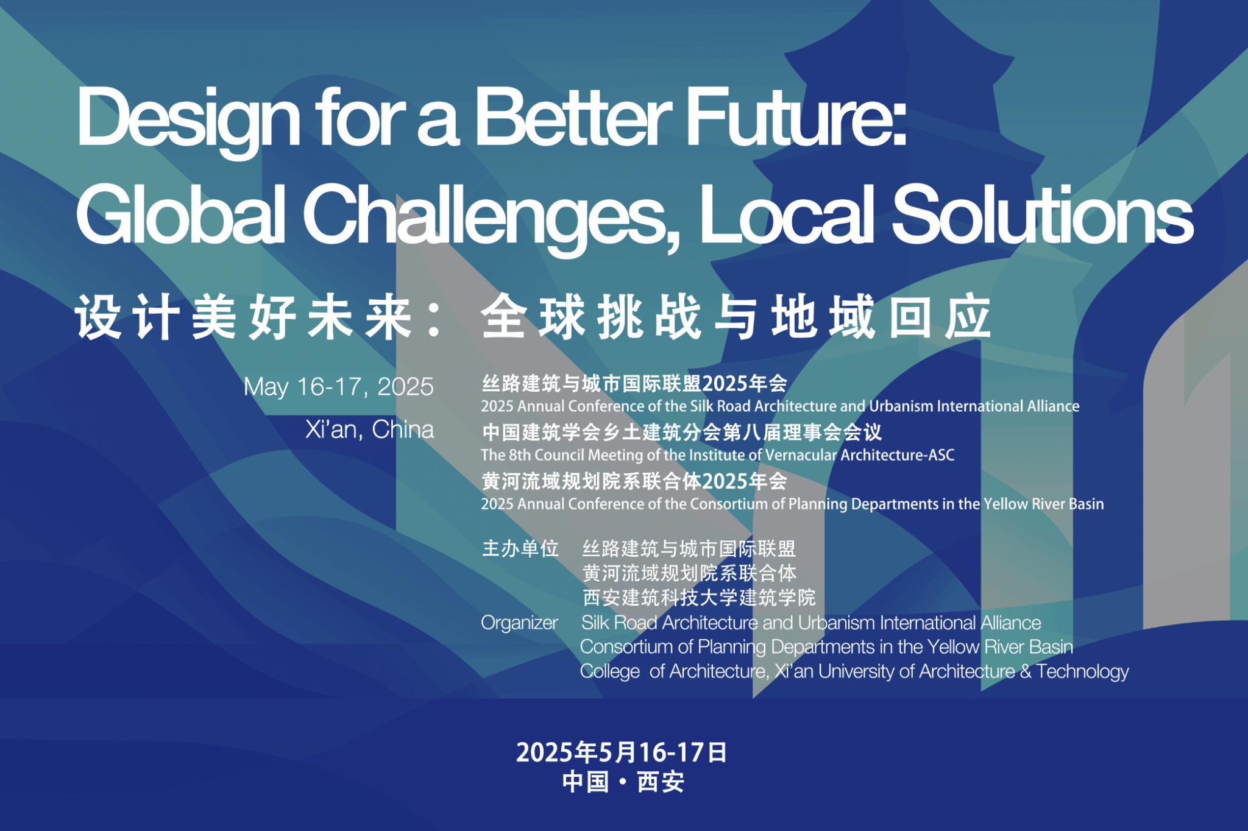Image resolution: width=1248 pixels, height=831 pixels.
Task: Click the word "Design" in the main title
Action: [188, 119]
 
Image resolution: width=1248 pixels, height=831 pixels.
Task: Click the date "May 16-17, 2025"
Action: [338, 387]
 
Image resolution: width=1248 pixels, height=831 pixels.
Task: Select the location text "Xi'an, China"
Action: [369, 430]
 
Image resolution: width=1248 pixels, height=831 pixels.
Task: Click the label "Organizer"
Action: [519, 623]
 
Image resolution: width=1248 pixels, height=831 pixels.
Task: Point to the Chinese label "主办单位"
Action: [520, 548]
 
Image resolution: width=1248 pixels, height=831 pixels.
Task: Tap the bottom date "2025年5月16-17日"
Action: [622, 752]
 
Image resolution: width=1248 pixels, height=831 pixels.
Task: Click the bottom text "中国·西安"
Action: [623, 782]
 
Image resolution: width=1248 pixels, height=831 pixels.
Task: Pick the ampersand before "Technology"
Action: [1026, 671]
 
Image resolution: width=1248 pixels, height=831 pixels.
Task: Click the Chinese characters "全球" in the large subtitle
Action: [533, 317]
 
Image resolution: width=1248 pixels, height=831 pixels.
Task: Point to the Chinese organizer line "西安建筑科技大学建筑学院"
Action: [699, 598]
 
